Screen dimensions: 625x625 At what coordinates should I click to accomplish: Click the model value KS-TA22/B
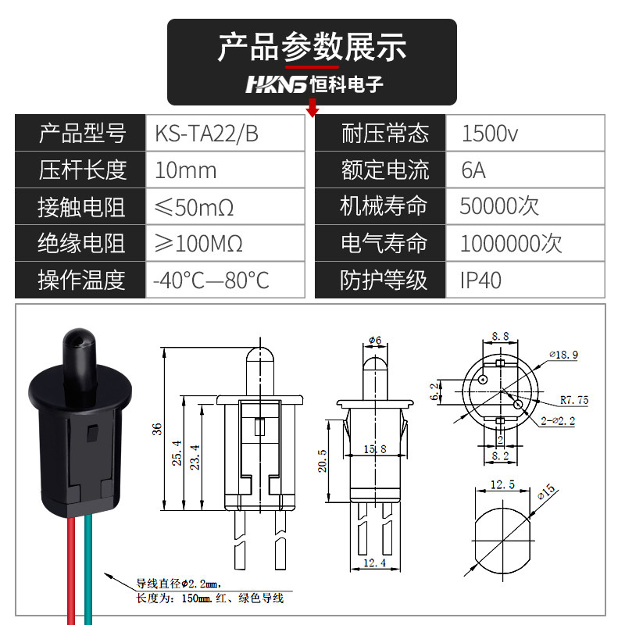(x=206, y=134)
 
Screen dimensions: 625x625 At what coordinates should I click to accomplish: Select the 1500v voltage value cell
(x=490, y=134)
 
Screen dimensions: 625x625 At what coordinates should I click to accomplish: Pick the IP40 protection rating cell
(x=480, y=280)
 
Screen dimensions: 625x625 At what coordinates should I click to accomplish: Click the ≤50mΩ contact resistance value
(x=195, y=207)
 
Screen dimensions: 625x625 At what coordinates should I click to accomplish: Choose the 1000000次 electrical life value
(x=511, y=244)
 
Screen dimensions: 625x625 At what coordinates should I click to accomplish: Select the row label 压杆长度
(x=82, y=170)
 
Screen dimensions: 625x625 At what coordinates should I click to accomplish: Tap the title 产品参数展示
(x=312, y=47)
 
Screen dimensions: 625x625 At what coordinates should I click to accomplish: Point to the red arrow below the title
(x=313, y=109)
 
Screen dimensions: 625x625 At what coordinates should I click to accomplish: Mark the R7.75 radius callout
(x=574, y=400)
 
